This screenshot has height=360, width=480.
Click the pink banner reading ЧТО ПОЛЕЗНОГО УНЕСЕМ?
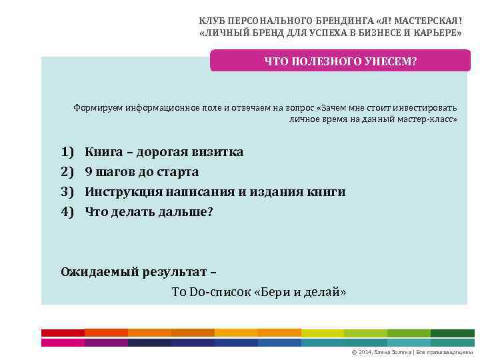point(340,61)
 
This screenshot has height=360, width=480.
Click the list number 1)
point(67,152)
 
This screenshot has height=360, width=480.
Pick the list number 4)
point(67,212)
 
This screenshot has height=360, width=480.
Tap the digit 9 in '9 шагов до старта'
point(89,172)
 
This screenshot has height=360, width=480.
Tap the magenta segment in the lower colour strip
point(106,343)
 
